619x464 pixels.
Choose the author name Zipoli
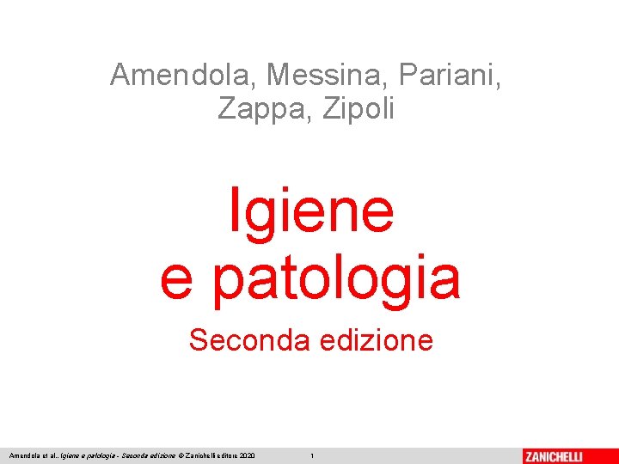(360, 109)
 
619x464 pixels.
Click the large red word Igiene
(310, 211)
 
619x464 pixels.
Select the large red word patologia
(336, 278)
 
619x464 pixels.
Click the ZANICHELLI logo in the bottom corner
(566, 455)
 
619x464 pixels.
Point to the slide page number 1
(312, 455)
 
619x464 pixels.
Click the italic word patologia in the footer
(97, 455)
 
